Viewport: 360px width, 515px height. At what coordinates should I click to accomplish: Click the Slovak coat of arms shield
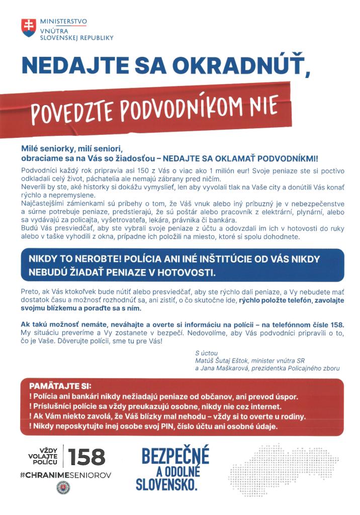(28, 27)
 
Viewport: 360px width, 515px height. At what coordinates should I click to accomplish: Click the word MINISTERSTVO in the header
(63, 22)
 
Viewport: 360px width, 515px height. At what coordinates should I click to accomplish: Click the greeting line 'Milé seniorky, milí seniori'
(72, 149)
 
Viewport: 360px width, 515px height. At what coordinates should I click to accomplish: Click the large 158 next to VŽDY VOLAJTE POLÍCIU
(86, 457)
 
